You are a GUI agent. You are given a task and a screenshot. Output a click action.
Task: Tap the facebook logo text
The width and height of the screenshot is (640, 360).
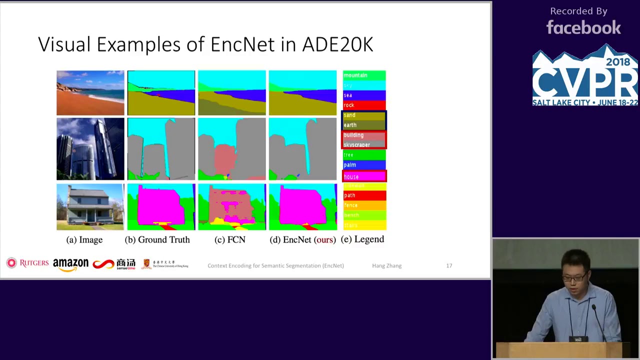[x=583, y=27]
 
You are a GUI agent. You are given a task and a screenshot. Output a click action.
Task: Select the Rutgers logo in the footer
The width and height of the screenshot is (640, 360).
[x=28, y=263]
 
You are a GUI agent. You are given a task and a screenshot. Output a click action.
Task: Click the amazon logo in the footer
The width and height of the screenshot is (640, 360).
[x=70, y=264]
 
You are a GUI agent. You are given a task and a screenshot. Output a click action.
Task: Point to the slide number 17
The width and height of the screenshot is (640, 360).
[x=449, y=265]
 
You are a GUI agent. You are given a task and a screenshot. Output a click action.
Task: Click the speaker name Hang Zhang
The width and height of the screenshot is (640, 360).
[x=386, y=265]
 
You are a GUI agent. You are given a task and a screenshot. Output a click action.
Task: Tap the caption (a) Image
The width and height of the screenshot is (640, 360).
[x=84, y=240]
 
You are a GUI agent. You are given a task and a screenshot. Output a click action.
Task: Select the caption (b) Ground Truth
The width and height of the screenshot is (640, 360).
[x=157, y=240]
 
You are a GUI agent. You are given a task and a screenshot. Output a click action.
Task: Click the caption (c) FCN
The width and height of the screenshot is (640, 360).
[x=229, y=240]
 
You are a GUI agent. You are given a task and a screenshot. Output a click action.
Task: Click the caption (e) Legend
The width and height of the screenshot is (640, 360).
[x=362, y=239]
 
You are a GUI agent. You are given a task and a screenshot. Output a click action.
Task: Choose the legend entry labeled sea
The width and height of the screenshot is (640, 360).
[x=364, y=95]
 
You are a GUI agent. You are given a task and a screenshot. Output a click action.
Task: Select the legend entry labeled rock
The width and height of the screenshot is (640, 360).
[x=364, y=105]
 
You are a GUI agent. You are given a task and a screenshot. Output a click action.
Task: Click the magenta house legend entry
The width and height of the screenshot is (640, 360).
[x=364, y=176]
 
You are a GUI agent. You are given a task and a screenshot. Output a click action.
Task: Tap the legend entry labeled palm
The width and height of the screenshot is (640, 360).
[x=364, y=164]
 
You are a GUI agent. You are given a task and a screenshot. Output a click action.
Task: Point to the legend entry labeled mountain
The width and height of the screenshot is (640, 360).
[x=364, y=75]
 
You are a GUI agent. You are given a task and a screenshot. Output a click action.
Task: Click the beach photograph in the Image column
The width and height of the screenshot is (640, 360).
[x=90, y=93]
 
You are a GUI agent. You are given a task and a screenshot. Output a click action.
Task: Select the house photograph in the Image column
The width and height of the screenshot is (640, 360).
[x=90, y=207]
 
